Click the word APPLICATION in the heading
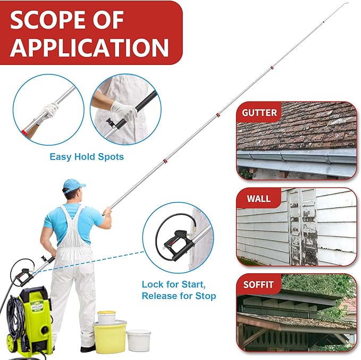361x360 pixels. tap(89, 46)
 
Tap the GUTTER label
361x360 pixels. tap(259, 113)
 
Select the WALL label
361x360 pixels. tap(258, 199)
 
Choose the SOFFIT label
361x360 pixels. tap(259, 284)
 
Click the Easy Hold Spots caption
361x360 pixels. tap(87, 156)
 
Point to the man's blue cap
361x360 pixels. tap(73, 185)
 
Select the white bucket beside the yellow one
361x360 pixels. tap(138, 340)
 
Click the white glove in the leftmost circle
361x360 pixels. tap(48, 112)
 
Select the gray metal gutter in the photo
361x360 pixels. tap(296, 157)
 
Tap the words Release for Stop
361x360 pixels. tap(179, 296)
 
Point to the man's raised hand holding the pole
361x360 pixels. tap(107, 211)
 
